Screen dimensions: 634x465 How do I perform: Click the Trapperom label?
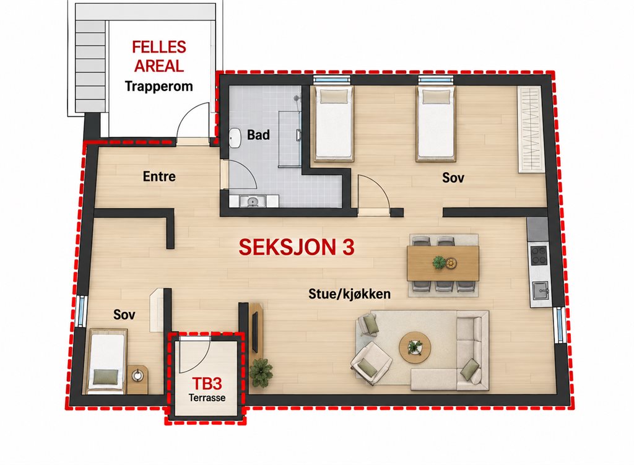coord(158,87)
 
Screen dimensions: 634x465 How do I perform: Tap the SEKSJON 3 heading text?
coord(297,247)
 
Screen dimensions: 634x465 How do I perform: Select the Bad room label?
coord(258,134)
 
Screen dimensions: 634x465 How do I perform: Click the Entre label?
coord(159,176)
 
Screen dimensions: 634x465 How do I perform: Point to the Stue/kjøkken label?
coord(349,293)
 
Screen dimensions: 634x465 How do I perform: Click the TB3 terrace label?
coord(207,383)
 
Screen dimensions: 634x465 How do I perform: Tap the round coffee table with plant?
coord(415,347)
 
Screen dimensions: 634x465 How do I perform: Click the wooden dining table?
coord(443,263)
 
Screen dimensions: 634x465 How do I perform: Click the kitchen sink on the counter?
coord(540,290)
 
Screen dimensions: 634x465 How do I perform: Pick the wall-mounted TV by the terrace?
coord(254,331)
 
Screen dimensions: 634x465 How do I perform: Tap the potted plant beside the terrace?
coord(261,372)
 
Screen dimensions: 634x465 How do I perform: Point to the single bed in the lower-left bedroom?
coord(106,361)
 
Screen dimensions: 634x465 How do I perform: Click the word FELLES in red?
coord(159,47)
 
